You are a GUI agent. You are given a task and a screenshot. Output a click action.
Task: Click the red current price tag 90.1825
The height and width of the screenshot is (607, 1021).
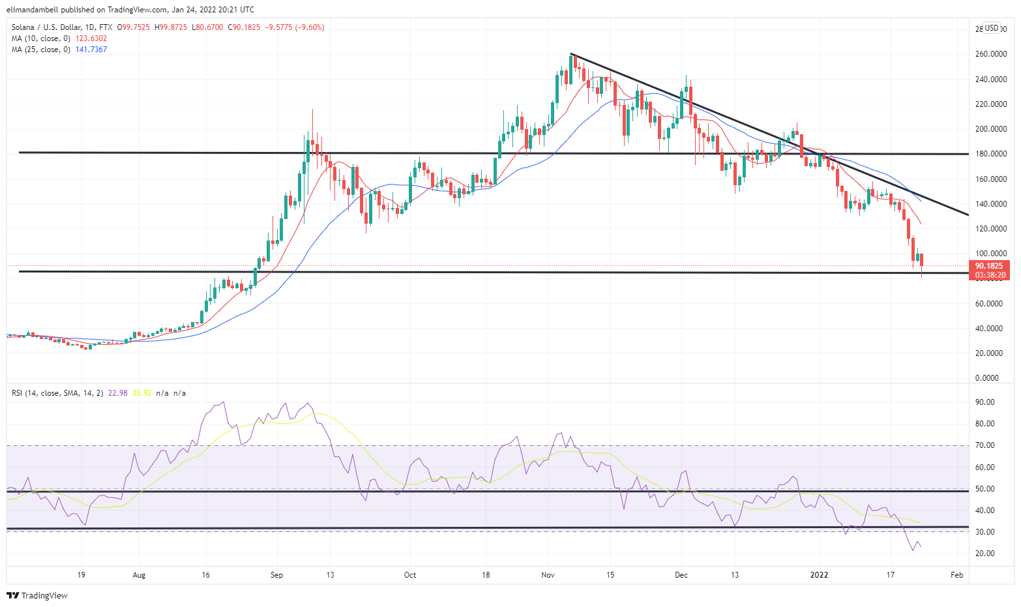(x=989, y=266)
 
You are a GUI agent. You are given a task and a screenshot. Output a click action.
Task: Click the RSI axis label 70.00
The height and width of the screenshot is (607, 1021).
(x=985, y=445)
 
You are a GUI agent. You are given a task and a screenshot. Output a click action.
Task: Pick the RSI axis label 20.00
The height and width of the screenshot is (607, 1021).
(x=985, y=554)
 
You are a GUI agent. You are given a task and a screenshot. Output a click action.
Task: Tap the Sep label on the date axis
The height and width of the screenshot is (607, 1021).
(x=276, y=575)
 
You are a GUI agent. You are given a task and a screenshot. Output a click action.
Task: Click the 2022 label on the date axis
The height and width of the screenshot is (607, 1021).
(x=819, y=575)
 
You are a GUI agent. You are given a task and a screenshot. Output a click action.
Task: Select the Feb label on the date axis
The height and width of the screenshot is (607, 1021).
(x=956, y=575)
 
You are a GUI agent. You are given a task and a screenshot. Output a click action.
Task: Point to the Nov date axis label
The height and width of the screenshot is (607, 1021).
(x=548, y=575)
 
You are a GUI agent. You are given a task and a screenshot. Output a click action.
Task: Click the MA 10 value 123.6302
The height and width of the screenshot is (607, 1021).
(x=91, y=38)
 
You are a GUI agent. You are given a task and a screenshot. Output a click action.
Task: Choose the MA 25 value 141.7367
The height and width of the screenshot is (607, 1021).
(x=91, y=50)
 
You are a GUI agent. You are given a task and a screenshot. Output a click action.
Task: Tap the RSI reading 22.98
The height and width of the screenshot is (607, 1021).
(x=117, y=393)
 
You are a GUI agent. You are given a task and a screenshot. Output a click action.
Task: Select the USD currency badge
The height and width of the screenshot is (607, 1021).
(x=992, y=28)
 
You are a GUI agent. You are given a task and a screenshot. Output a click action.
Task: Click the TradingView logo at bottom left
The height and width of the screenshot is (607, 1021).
(x=37, y=595)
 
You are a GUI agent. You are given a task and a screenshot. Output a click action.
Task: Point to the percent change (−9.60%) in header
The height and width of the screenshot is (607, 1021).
(x=309, y=27)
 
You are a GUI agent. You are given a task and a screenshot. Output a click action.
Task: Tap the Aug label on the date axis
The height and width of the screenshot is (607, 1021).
(x=138, y=575)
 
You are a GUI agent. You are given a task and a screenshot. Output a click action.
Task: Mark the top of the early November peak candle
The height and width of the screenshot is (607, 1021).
(x=571, y=54)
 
